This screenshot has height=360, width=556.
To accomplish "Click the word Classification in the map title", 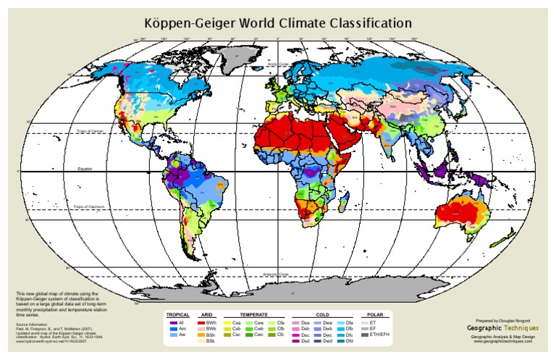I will (361, 23).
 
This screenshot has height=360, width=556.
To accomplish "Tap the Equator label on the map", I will (87, 168).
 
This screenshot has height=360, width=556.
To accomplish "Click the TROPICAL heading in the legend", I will (177, 315).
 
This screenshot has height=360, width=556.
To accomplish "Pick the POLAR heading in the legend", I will (374, 315).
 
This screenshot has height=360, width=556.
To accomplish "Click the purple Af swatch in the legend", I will (172, 322).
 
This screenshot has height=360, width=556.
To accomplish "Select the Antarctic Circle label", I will (275, 274).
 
